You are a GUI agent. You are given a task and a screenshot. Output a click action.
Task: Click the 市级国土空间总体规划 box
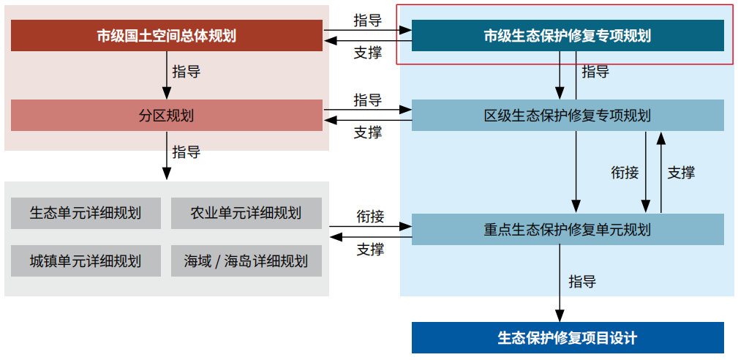click(167, 35)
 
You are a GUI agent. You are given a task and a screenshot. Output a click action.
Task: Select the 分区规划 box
click(167, 116)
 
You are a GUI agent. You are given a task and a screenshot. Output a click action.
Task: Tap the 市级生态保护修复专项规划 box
click(568, 35)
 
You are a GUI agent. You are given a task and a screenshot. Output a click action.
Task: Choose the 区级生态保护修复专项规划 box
click(568, 116)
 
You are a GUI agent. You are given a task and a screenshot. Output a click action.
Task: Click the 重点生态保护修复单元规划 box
click(568, 229)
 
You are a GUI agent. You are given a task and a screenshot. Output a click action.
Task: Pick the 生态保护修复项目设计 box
click(568, 337)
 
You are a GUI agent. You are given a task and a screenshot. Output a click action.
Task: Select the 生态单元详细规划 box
click(86, 213)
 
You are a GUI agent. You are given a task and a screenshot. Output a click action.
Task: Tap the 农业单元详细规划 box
click(246, 213)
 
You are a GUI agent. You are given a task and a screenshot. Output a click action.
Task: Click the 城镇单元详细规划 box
click(86, 260)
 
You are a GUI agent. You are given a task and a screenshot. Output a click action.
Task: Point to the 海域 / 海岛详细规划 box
click(246, 260)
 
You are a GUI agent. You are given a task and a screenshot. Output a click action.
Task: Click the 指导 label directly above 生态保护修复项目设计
click(583, 282)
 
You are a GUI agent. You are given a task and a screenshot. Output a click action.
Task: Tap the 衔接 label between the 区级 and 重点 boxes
click(625, 173)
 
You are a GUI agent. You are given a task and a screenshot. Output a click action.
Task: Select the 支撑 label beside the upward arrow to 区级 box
click(681, 173)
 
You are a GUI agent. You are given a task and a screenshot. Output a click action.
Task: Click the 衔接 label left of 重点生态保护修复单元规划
click(370, 216)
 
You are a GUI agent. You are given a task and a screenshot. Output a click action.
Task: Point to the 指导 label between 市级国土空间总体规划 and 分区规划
click(187, 72)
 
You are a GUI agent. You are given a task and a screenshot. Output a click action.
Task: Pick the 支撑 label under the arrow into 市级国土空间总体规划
click(368, 53)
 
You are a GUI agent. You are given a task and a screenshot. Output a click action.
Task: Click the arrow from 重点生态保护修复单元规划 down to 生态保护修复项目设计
click(560, 283)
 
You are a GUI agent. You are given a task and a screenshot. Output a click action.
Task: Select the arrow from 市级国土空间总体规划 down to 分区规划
click(166, 75)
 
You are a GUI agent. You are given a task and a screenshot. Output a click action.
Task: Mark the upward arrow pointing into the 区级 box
click(661, 172)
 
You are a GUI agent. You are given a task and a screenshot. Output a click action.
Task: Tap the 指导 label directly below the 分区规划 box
click(187, 151)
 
